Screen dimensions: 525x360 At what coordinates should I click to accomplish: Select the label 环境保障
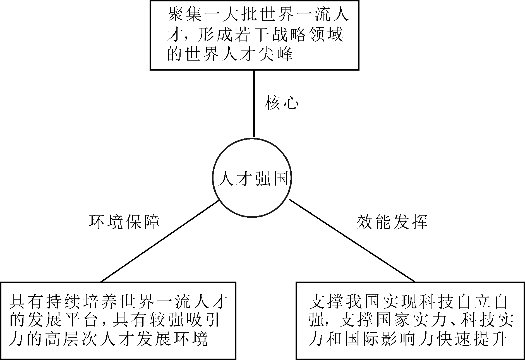(124, 222)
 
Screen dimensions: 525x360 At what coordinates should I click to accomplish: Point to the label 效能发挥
(392, 222)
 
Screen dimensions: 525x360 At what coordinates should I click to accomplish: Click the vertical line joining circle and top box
(254, 103)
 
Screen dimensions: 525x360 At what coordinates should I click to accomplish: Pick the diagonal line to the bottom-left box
(160, 241)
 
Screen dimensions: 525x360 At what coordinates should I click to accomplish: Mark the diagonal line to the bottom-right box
(352, 241)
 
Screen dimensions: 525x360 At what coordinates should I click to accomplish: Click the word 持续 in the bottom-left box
(63, 302)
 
